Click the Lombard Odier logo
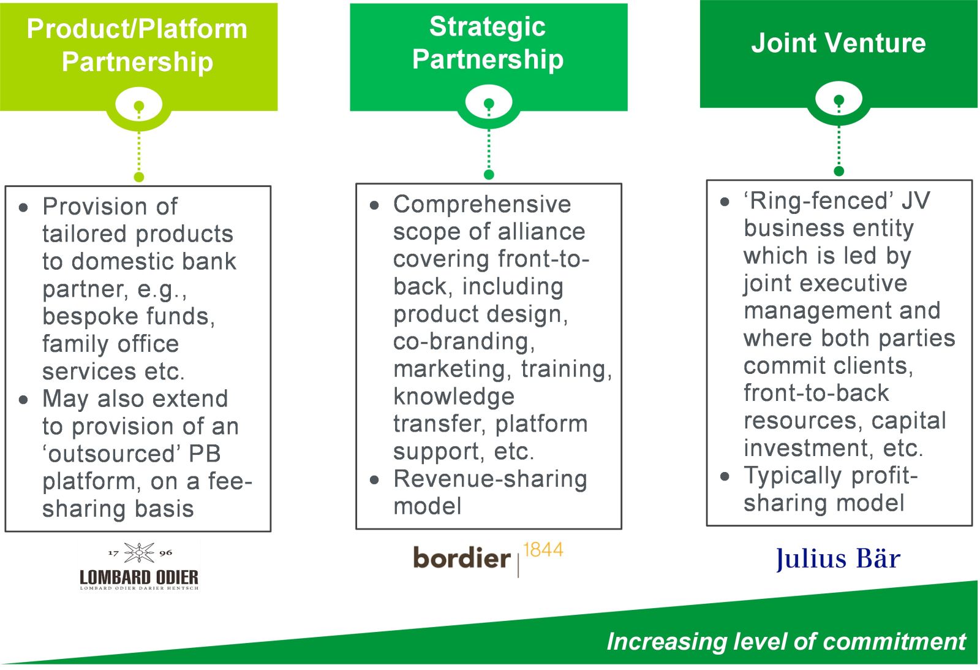click(x=139, y=566)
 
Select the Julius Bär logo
click(x=838, y=558)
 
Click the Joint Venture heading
click(x=838, y=43)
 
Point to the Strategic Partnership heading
click(x=488, y=43)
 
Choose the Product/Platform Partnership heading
click(x=137, y=45)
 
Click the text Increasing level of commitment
click(x=786, y=641)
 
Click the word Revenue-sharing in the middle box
click(x=490, y=479)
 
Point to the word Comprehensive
click(x=482, y=204)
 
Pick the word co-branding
click(x=464, y=341)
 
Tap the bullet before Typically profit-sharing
click(x=725, y=476)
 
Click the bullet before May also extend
click(x=23, y=400)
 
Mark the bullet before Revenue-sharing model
click(x=375, y=480)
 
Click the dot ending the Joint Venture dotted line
click(x=839, y=171)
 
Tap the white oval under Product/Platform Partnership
click(x=139, y=106)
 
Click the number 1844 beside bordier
click(x=543, y=550)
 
